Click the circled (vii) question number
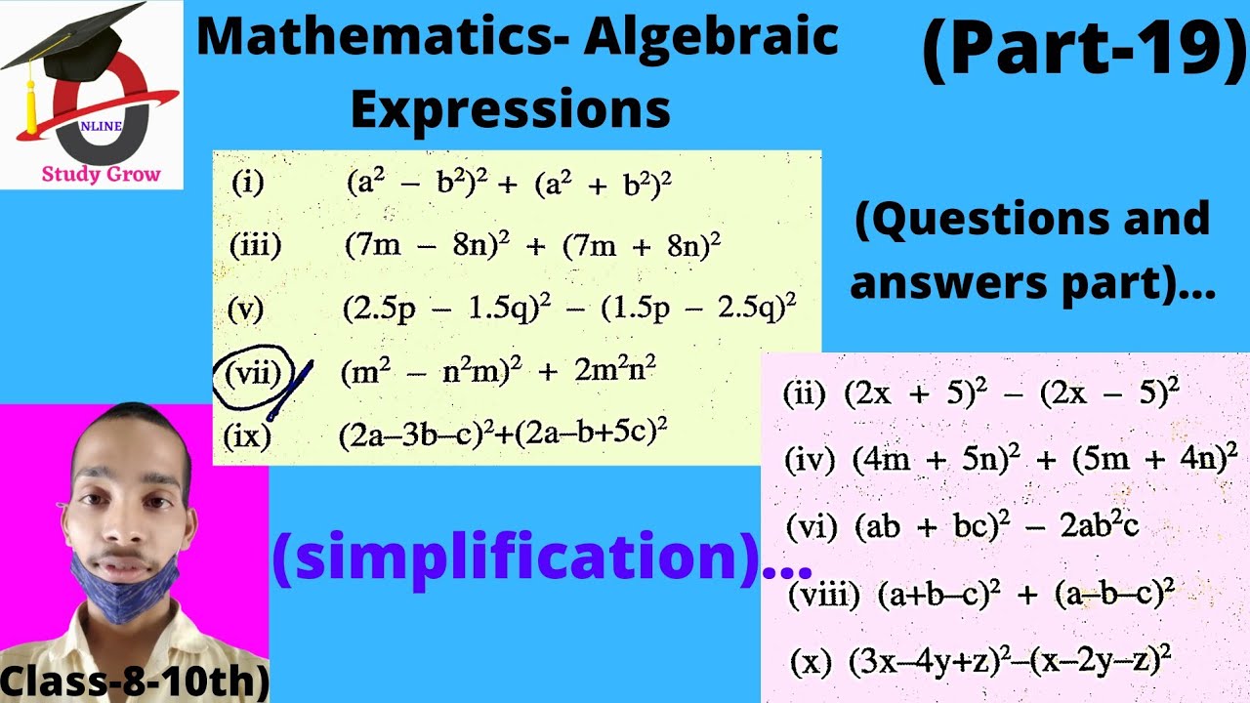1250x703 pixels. pyautogui.click(x=252, y=374)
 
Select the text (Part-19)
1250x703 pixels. pyautogui.click(x=1084, y=51)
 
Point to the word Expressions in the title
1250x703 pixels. pyautogui.click(x=510, y=109)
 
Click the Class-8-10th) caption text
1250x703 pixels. pyautogui.click(x=134, y=681)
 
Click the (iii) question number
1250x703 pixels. pyautogui.click(x=255, y=245)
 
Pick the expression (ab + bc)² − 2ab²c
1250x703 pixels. pyautogui.click(x=996, y=526)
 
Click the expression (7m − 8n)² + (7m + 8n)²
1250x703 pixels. pyautogui.click(x=532, y=245)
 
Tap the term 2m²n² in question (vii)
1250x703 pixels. pyautogui.click(x=615, y=372)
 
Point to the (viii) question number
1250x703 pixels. pyautogui.click(x=823, y=594)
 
